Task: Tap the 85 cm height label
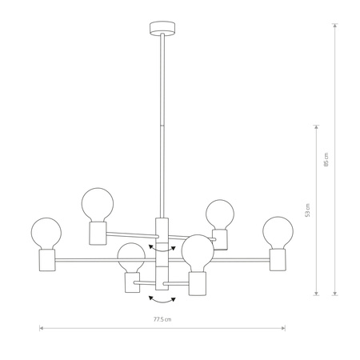[x=326, y=159]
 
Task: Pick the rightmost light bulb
[x=278, y=232]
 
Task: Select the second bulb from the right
[x=220, y=214]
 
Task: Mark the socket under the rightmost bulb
[x=278, y=258]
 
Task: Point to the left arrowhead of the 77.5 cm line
[x=41, y=327]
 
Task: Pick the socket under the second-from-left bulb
[x=97, y=232]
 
